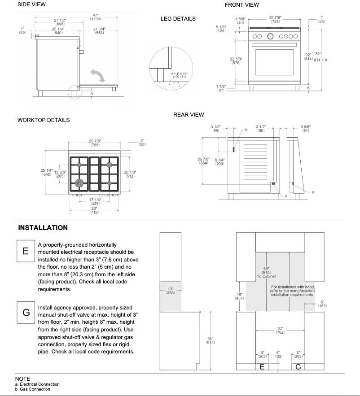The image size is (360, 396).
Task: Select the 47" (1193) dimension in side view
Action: tap(95, 17)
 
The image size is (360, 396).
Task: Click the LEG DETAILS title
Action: tap(178, 19)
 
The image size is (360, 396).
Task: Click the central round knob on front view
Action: tap(270, 36)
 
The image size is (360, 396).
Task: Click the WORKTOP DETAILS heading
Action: tap(44, 120)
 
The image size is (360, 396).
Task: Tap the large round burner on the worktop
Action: tap(79, 183)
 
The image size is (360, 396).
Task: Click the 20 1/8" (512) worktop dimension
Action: tap(130, 174)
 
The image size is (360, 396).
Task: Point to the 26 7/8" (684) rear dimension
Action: tap(203, 161)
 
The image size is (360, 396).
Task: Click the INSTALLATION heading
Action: tap(43, 228)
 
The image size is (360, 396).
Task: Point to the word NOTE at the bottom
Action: tap(22, 379)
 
